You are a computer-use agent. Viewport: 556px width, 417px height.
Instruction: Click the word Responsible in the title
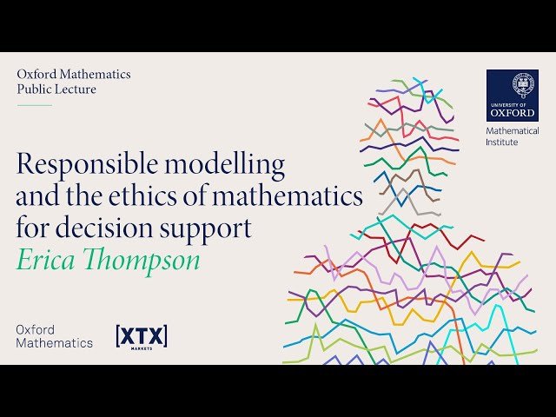click(x=82, y=163)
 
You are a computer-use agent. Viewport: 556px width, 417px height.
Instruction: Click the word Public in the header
click(x=34, y=89)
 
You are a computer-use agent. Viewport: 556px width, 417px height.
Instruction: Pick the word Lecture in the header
click(x=76, y=89)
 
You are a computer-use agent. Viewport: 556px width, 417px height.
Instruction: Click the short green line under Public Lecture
click(x=35, y=105)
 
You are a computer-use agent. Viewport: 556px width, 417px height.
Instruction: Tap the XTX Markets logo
click(x=142, y=337)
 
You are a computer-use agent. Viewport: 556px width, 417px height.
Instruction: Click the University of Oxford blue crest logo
click(x=512, y=95)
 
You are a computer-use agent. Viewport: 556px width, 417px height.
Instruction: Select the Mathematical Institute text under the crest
click(x=512, y=136)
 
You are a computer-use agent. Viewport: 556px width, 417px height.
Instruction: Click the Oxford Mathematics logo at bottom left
click(x=54, y=336)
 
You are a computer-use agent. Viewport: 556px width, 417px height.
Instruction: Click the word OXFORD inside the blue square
click(x=512, y=112)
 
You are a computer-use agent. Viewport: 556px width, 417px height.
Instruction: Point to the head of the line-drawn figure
click(x=407, y=130)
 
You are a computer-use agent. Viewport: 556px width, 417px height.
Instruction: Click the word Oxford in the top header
click(x=36, y=75)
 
